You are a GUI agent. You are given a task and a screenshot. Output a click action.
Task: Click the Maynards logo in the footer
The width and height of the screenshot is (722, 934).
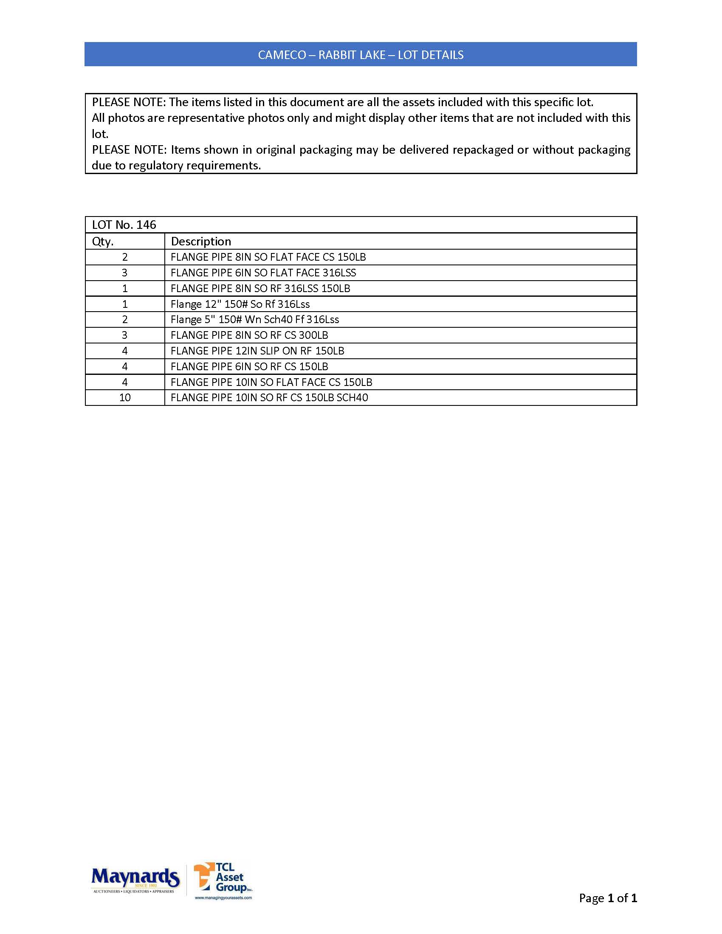135,879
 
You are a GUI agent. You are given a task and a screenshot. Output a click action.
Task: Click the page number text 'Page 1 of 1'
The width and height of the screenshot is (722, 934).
607,897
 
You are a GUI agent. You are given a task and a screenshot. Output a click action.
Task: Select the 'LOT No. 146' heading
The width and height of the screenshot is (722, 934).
124,225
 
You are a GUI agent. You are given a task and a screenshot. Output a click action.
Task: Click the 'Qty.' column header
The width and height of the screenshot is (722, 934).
103,242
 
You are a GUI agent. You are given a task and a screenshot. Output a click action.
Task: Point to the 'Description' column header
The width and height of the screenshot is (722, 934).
200,242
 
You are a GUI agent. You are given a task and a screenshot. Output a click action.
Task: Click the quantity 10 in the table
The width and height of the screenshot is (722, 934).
125,398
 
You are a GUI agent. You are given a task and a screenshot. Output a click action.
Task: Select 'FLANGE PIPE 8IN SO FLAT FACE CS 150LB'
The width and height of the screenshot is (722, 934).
268,257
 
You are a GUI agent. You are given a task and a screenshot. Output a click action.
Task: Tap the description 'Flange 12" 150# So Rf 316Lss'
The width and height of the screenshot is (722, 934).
240,304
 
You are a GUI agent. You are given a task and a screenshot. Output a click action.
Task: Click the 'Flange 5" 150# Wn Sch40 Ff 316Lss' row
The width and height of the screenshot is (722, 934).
254,319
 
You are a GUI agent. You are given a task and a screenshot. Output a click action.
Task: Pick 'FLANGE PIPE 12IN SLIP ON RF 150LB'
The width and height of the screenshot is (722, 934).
257,351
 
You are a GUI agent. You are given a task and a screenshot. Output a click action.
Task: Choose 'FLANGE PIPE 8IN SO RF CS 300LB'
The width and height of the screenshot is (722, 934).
249,335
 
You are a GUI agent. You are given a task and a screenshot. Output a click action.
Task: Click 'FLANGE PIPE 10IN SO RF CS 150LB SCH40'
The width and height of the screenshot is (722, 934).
269,398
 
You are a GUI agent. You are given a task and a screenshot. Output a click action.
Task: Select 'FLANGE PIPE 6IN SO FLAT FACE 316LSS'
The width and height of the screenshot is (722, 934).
263,273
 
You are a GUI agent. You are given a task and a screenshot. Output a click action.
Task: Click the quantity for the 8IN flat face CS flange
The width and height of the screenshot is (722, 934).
125,257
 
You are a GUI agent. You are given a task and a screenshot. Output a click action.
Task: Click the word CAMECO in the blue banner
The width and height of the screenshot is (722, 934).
282,55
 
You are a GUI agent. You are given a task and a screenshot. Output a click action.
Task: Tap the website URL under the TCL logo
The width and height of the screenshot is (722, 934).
223,897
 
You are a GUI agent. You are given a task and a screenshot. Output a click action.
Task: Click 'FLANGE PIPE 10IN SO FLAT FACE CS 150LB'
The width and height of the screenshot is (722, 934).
271,382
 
